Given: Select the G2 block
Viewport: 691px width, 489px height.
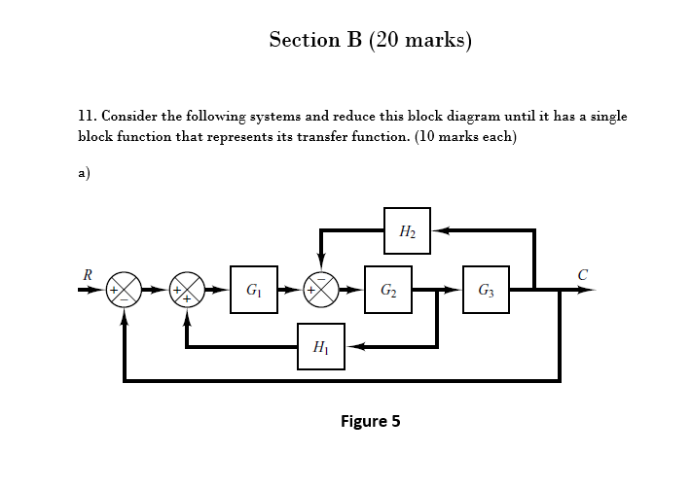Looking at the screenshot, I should [x=387, y=290].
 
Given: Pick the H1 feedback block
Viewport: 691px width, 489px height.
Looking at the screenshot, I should [x=320, y=346].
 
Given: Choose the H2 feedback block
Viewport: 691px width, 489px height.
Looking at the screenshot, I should [x=407, y=230].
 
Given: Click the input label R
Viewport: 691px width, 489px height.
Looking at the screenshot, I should [x=88, y=274].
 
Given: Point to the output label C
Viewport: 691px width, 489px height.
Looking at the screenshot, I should [x=582, y=274].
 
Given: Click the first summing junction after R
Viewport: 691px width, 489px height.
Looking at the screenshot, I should [x=124, y=290].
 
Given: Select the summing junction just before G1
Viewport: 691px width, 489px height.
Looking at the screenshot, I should [x=186, y=290].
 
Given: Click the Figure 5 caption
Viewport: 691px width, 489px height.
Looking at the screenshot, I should [x=370, y=421].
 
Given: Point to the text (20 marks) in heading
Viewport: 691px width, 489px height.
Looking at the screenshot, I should [x=419, y=41].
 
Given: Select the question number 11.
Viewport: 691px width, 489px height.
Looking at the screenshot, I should [x=85, y=117].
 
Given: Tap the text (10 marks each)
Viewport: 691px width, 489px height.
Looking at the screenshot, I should [x=465, y=136].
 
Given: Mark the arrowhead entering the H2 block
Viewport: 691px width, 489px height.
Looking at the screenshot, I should [x=439, y=230].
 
